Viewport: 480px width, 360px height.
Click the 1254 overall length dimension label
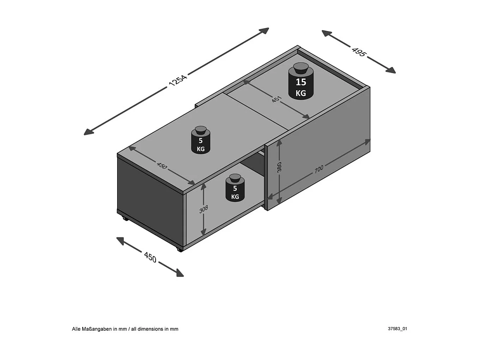(178, 80)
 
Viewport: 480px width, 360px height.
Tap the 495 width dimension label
(359, 52)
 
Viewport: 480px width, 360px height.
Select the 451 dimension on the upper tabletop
(277, 99)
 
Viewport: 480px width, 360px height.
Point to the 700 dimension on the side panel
(318, 169)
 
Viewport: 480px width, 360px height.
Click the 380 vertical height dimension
(279, 167)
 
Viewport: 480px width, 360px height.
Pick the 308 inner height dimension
(203, 209)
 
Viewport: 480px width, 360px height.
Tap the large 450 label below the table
(150, 257)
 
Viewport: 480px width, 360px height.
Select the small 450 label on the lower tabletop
(162, 165)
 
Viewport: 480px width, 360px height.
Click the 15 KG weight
(301, 85)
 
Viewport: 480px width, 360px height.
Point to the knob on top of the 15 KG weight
(301, 67)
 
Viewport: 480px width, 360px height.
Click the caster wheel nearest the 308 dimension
(180, 250)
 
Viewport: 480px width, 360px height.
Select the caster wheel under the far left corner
(125, 218)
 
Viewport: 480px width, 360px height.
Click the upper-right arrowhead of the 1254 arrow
(265, 30)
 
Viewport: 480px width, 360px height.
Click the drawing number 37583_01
(397, 329)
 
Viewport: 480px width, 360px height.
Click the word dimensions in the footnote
(151, 329)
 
